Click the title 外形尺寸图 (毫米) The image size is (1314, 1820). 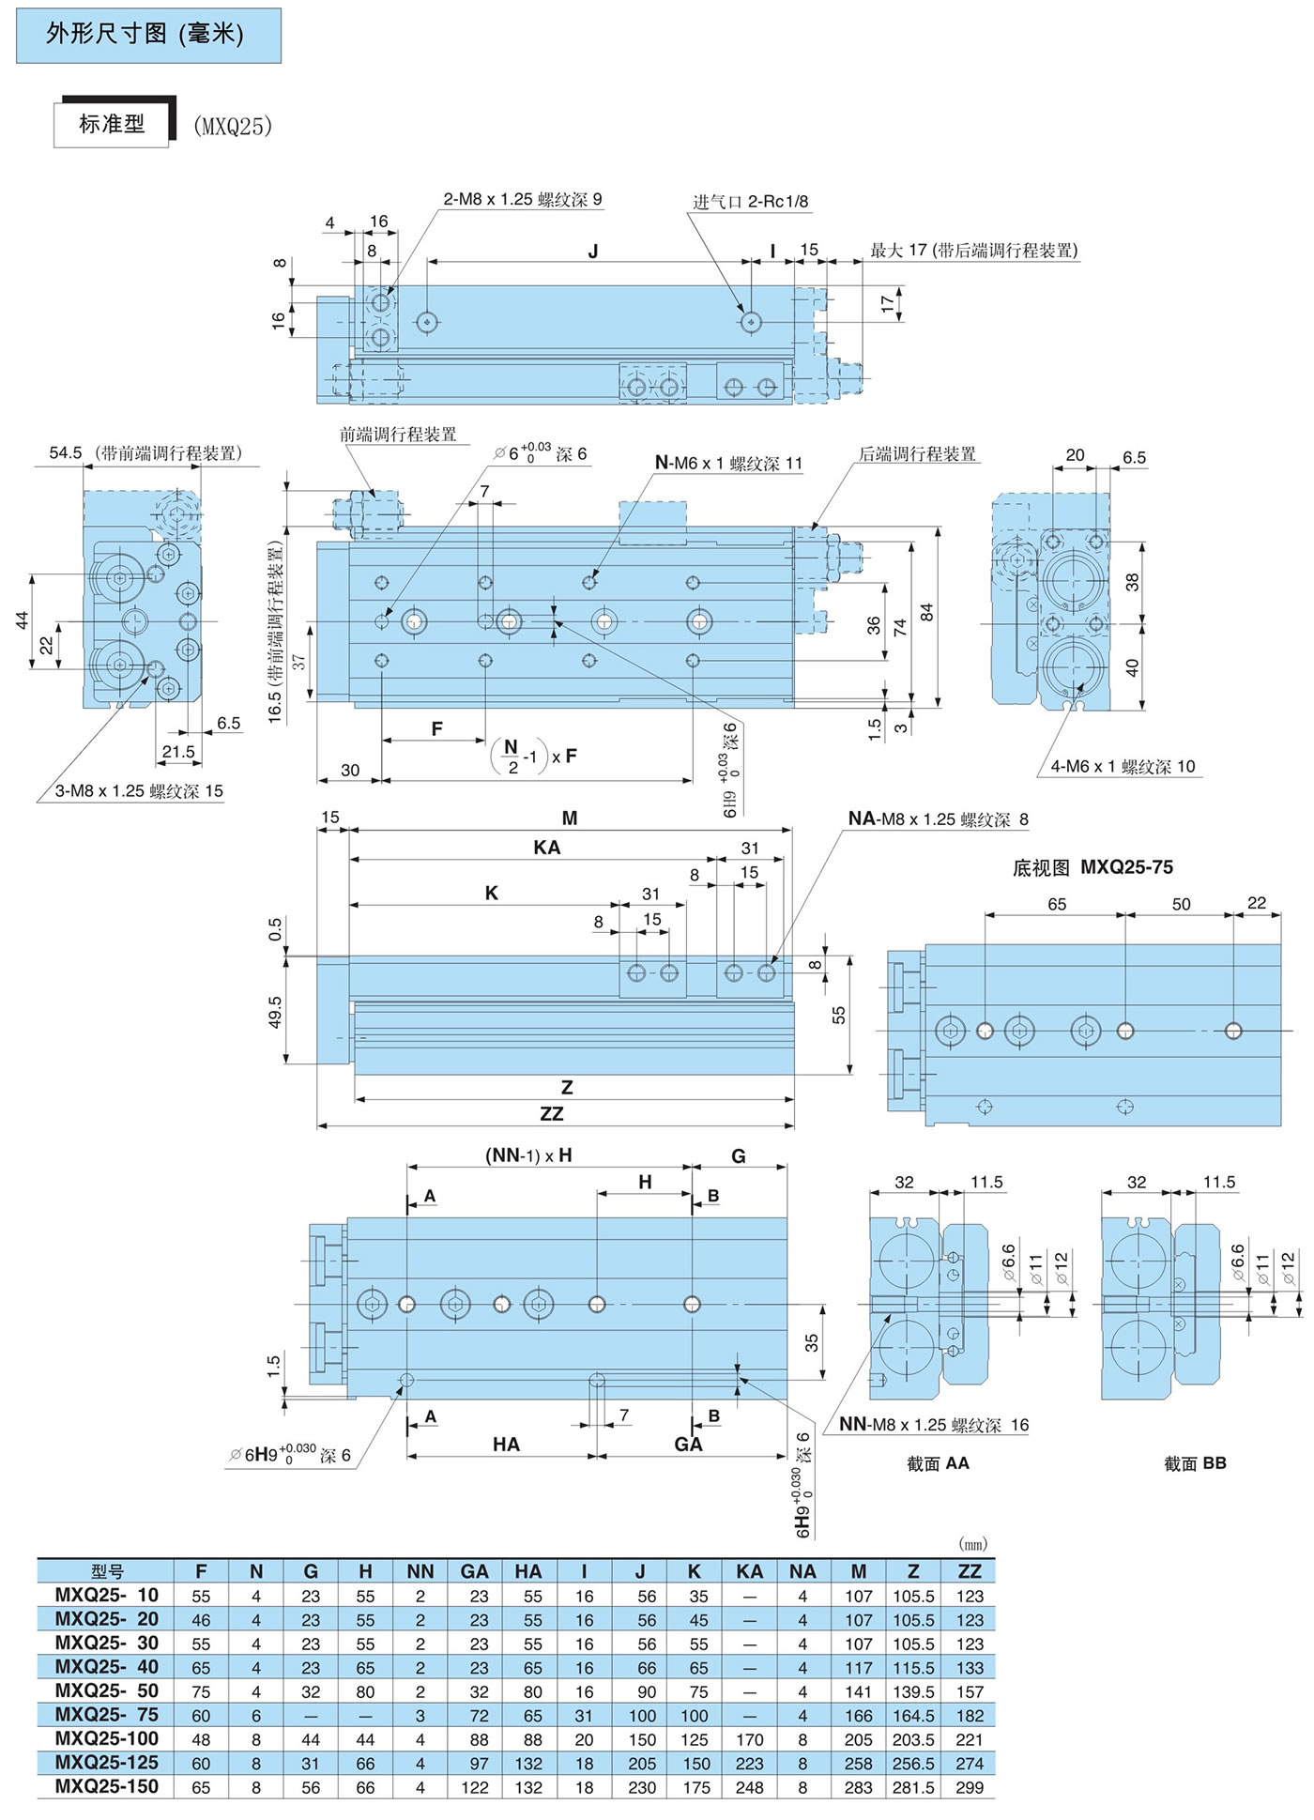click(x=145, y=35)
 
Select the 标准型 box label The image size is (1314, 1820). click(x=112, y=124)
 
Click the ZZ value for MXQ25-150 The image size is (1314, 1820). click(x=969, y=1787)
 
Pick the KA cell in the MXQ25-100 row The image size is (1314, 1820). click(x=749, y=1739)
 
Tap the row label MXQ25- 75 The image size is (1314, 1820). click(x=106, y=1715)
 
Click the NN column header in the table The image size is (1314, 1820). click(x=420, y=1571)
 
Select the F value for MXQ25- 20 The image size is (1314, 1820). click(x=201, y=1619)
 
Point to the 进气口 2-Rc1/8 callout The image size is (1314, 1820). click(x=750, y=201)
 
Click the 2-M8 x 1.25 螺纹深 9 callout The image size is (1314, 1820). click(x=523, y=199)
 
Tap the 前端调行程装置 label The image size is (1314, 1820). click(x=398, y=435)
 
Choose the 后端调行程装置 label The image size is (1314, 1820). click(x=917, y=454)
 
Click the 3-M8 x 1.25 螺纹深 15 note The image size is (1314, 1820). click(x=139, y=790)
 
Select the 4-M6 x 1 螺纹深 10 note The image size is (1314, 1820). click(x=1123, y=766)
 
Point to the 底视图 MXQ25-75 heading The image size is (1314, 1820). click(x=1092, y=867)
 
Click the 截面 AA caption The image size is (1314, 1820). click(x=938, y=1463)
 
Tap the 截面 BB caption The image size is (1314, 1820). click(x=1195, y=1463)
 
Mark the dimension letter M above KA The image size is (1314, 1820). click(x=569, y=818)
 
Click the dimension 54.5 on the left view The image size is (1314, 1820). click(x=66, y=453)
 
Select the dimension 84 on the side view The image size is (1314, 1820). click(x=927, y=611)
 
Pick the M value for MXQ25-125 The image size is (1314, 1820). click(x=859, y=1764)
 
